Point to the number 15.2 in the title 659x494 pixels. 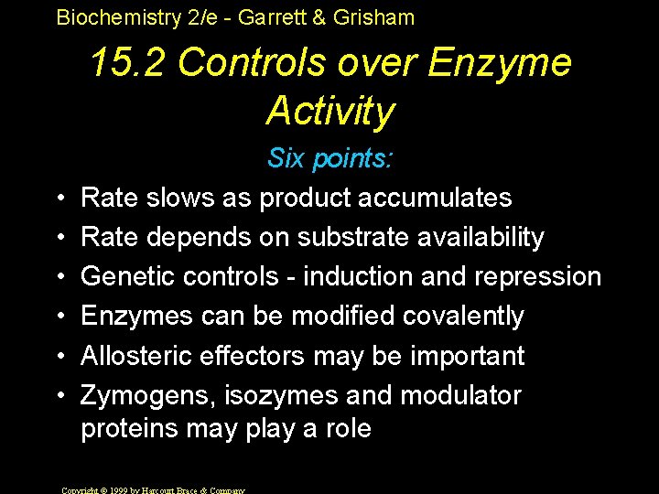[x=126, y=63]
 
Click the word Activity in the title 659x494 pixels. [x=329, y=111]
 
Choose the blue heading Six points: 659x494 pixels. [x=329, y=159]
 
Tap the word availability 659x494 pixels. [x=481, y=237]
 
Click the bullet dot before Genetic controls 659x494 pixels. [x=59, y=276]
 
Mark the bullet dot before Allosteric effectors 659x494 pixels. [x=59, y=356]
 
